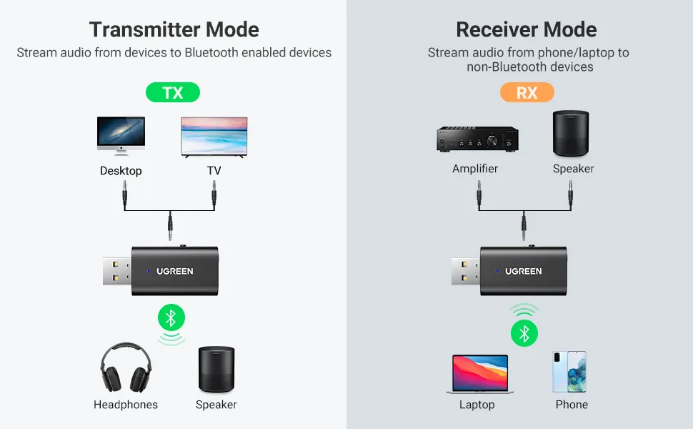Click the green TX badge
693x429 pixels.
[x=173, y=93]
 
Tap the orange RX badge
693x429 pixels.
[x=527, y=93]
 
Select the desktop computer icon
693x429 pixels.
[x=121, y=136]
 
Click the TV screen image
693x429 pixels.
[x=214, y=137]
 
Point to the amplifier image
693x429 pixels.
[x=477, y=139]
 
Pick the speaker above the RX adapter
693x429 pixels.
[x=573, y=134]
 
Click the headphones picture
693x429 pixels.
[x=126, y=368]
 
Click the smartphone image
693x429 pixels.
[x=569, y=371]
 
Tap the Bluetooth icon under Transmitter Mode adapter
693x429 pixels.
[x=171, y=317]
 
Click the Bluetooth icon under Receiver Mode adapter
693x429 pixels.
[x=524, y=333]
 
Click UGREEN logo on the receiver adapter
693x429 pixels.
[x=523, y=272]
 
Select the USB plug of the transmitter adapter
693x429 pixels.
[x=113, y=272]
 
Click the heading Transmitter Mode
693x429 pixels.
[x=174, y=30]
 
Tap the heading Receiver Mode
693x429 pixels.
[x=526, y=30]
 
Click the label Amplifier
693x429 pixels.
[x=475, y=169]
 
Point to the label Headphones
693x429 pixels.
[x=126, y=405]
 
